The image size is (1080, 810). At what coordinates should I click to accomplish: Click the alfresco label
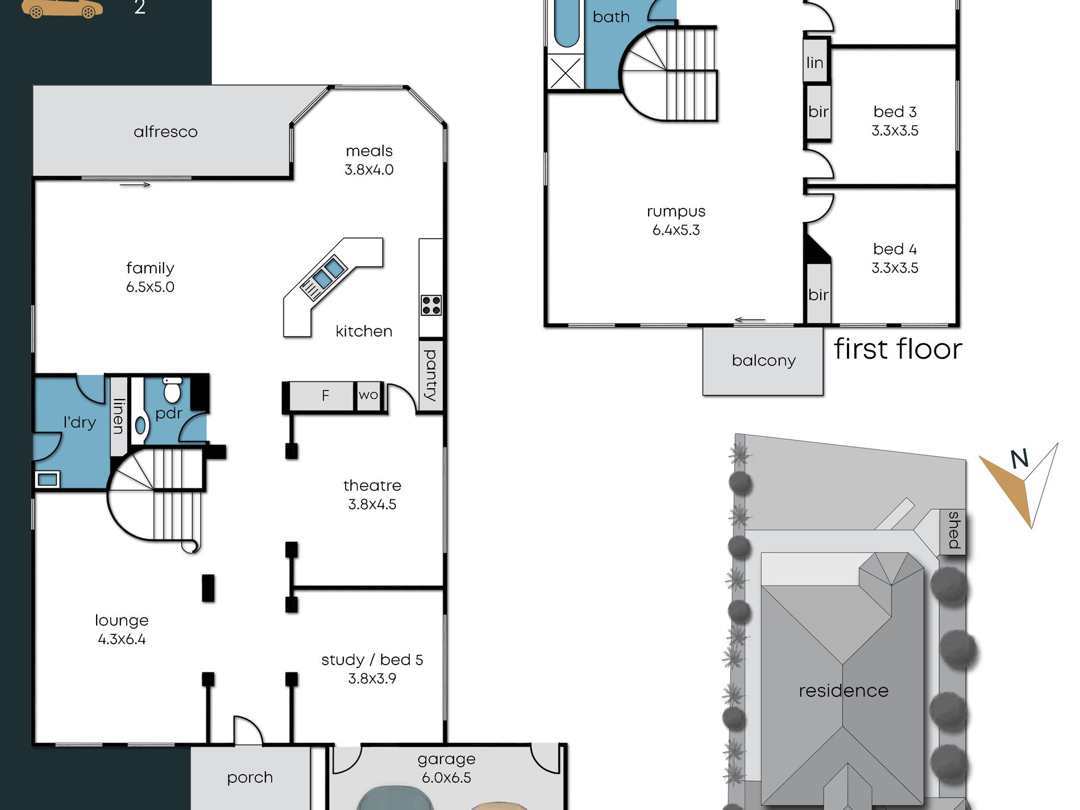165,132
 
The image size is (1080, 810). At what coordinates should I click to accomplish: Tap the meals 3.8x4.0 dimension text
369,170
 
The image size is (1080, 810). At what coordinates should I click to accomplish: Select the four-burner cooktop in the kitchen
431,305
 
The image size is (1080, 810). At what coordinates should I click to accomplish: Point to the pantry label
431,375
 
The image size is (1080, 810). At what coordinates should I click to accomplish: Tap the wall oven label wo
368,394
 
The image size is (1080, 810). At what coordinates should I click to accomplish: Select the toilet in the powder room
172,389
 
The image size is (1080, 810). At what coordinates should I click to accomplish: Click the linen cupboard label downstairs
118,416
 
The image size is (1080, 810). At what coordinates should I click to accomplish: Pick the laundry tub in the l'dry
48,479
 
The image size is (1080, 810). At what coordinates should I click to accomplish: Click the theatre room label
372,485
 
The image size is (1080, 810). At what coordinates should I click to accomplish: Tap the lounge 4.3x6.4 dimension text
122,639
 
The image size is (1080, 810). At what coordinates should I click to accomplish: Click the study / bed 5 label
372,660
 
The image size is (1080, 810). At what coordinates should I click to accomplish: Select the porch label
250,778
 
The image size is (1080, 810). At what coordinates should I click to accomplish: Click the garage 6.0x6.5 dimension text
447,778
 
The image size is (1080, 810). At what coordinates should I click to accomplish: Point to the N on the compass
1019,458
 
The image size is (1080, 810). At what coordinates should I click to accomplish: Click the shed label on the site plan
954,530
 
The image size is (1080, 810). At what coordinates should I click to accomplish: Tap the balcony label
763,361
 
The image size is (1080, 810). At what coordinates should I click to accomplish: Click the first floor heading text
898,349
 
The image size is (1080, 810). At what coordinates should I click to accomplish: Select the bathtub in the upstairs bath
567,23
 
